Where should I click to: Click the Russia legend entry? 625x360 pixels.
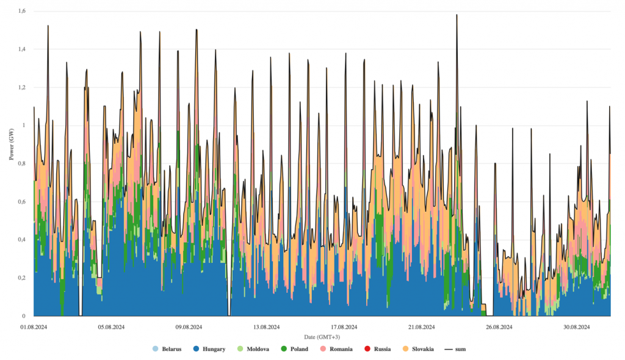tap(381, 349)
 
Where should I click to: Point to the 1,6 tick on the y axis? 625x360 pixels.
tap(21, 11)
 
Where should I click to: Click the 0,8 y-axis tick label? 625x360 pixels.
tap(21, 164)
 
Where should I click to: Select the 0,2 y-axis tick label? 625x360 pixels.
tap(21, 278)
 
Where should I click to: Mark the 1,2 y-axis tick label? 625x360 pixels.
tap(21, 87)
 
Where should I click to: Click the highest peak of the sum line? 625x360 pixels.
tap(457, 15)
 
